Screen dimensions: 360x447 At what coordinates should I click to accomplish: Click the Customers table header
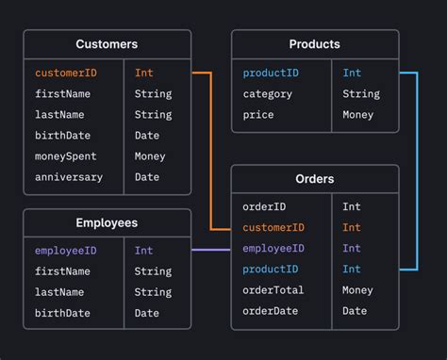(x=107, y=44)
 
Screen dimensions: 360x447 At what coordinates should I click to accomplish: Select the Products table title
(x=314, y=44)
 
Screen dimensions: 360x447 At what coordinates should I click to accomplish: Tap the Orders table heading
(x=314, y=179)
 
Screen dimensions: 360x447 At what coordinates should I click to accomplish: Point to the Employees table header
(x=107, y=223)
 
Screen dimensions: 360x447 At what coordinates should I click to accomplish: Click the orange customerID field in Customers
(x=66, y=73)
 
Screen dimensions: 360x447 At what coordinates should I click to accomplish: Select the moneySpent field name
(x=66, y=156)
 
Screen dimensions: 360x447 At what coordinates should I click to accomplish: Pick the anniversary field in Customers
(x=69, y=177)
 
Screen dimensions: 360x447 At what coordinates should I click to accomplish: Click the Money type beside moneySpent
(x=150, y=156)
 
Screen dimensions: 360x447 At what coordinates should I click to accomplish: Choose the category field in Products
(x=268, y=93)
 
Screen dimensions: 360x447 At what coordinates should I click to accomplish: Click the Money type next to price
(x=357, y=115)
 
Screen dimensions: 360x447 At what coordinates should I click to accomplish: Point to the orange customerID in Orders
(x=273, y=227)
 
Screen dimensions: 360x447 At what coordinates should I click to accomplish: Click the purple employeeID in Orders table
(x=273, y=248)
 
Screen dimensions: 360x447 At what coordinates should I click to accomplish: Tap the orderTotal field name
(x=273, y=290)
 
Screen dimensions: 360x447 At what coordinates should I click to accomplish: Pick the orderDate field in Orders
(x=271, y=311)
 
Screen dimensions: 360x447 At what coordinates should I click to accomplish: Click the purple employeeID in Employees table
(x=66, y=251)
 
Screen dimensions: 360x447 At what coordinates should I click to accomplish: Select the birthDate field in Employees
(x=63, y=313)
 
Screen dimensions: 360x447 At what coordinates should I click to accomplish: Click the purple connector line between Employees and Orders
(x=210, y=250)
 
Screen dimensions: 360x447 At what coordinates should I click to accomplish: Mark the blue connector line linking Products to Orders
(x=416, y=170)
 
